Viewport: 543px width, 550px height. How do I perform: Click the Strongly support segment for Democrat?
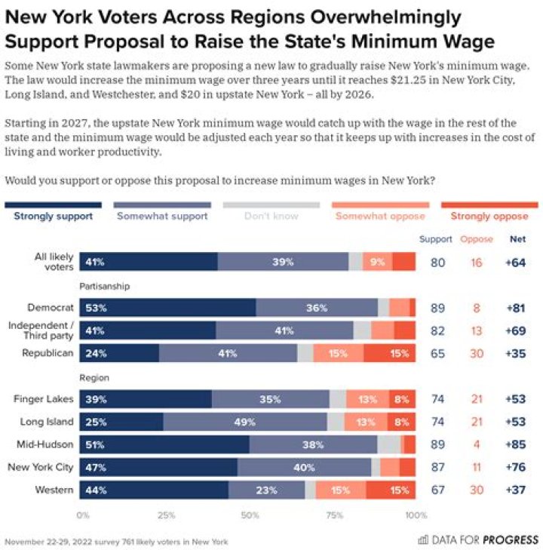click(x=167, y=308)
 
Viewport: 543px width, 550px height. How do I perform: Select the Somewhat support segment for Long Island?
click(x=245, y=421)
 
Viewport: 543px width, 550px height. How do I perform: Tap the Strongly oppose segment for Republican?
click(x=390, y=353)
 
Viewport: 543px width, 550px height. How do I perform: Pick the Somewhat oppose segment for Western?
click(x=341, y=490)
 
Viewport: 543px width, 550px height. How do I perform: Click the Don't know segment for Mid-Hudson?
click(x=389, y=444)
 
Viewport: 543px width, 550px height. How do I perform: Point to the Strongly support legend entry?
click(x=54, y=216)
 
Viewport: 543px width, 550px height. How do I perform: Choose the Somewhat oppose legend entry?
click(x=381, y=216)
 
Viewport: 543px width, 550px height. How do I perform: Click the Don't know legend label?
click(x=271, y=216)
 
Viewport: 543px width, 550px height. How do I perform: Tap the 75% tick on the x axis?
click(x=332, y=516)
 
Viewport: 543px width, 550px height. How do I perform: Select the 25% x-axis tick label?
click(x=166, y=516)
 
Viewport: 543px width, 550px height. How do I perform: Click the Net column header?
click(x=517, y=239)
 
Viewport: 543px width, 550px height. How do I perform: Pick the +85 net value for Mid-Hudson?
click(x=517, y=444)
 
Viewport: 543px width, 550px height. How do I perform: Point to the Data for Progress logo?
click(x=478, y=539)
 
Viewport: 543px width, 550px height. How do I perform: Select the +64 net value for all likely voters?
click(x=517, y=262)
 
